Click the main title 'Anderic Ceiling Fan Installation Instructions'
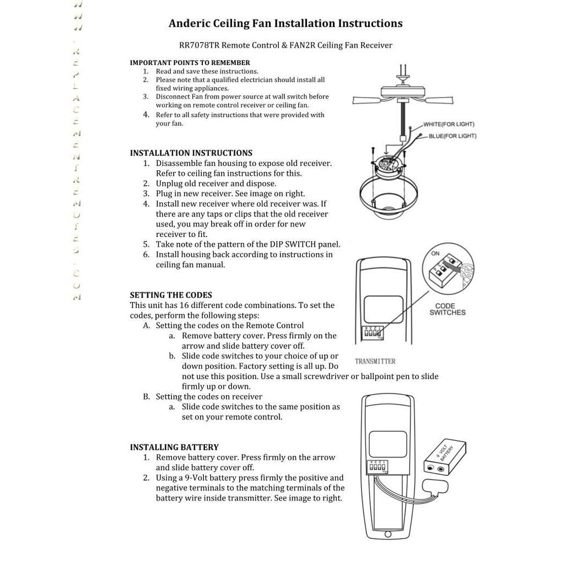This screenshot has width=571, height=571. (285, 24)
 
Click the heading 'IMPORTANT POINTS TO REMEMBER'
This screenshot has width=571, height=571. (190, 63)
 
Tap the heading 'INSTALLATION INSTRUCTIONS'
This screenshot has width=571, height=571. (191, 153)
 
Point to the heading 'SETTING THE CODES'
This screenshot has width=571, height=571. (171, 295)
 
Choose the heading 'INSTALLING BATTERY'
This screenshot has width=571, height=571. (174, 448)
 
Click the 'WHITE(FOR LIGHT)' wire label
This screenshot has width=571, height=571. (449, 125)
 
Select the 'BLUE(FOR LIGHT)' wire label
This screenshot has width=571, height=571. (453, 136)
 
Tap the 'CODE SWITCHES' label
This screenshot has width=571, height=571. (448, 309)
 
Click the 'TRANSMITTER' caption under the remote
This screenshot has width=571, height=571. (375, 362)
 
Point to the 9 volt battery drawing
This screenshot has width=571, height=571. (446, 459)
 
